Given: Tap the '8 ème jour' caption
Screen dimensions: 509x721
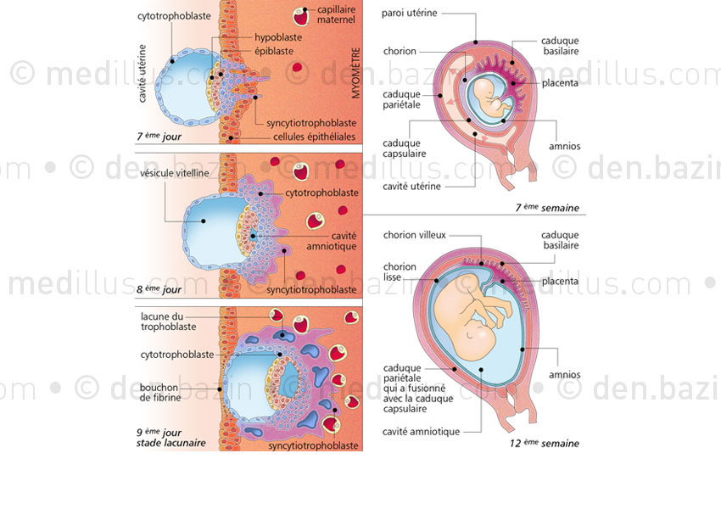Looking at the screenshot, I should (x=159, y=288).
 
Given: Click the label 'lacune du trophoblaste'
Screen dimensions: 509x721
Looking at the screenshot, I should (x=166, y=322).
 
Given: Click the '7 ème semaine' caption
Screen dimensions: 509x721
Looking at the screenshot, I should (x=558, y=208).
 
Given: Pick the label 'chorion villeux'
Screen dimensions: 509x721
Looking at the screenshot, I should (x=414, y=235).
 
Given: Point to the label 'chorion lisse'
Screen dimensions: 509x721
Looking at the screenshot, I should (x=399, y=271).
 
